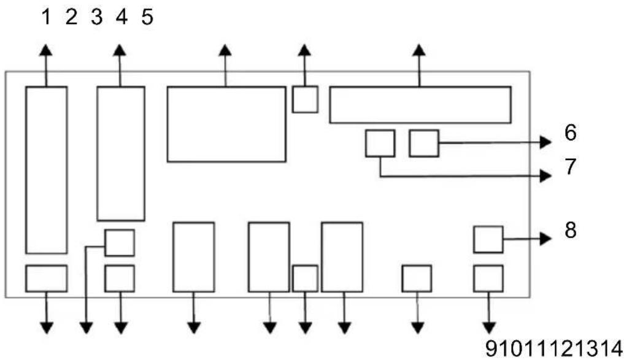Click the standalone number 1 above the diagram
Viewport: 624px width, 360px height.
(x=46, y=17)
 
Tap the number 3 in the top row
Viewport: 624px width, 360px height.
(x=97, y=17)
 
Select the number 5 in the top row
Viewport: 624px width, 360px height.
(x=147, y=17)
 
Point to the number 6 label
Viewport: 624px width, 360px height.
(x=570, y=132)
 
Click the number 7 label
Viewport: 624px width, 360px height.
(x=570, y=167)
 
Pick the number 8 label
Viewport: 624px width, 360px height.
(x=570, y=230)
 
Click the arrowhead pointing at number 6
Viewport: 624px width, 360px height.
(x=545, y=142)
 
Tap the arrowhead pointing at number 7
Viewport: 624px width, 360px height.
(x=545, y=175)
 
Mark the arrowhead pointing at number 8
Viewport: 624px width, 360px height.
(x=545, y=239)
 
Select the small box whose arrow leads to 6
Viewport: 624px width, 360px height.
(x=424, y=144)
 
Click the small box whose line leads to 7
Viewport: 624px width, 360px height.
(x=380, y=144)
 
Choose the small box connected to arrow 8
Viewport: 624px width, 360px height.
(x=488, y=239)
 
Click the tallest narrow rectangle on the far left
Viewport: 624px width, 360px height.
(x=47, y=170)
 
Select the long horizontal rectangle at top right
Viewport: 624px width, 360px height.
(x=420, y=105)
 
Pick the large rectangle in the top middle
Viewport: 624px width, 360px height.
(x=226, y=124)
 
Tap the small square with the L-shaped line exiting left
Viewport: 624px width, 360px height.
(x=120, y=243)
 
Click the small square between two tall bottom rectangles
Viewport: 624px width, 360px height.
(x=305, y=278)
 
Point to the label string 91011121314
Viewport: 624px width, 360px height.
(x=553, y=348)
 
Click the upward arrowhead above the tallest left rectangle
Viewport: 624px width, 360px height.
(x=46, y=50)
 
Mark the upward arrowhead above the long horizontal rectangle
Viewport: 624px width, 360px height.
(x=418, y=50)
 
